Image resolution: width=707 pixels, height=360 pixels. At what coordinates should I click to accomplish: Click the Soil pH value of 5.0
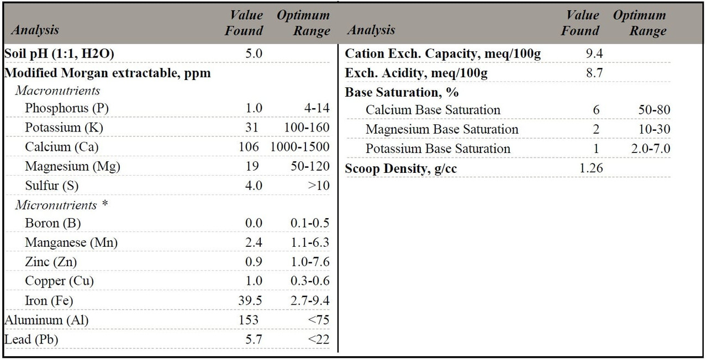[x=254, y=54]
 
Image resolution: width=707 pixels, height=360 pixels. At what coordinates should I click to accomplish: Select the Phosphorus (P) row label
[x=66, y=108]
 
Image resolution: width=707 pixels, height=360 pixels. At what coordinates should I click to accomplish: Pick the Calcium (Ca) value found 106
[x=250, y=147]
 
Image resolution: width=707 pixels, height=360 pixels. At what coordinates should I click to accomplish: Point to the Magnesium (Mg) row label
[x=72, y=166]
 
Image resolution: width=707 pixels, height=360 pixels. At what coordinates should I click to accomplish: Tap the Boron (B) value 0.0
[x=254, y=224]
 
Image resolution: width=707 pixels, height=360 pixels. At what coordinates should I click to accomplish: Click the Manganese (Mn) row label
[x=71, y=242]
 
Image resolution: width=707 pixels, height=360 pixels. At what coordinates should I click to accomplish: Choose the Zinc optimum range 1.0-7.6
[x=310, y=262]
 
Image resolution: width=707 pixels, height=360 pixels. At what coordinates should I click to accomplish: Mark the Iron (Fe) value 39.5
[x=251, y=300]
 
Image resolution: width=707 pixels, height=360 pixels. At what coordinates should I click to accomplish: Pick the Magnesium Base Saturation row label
[x=442, y=129]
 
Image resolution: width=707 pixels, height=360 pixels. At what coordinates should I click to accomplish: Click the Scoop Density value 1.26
[x=591, y=168]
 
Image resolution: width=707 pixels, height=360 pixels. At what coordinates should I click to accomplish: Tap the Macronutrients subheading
[x=57, y=91]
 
